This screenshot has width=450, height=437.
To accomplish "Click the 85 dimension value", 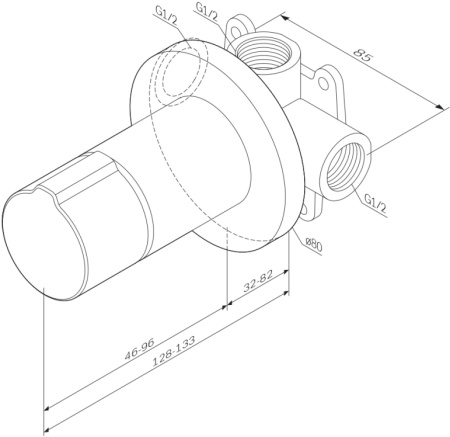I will tap(364, 58).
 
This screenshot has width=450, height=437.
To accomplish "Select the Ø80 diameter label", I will tap(313, 243).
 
